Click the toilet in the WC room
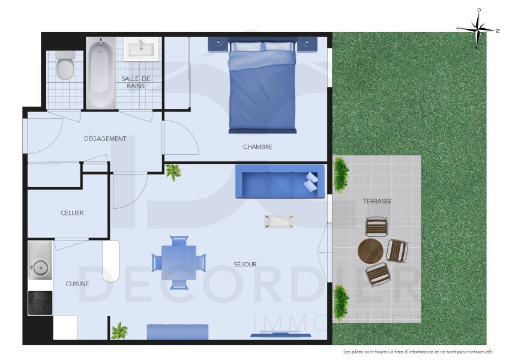pos(65,67)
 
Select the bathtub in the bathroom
pos(100,73)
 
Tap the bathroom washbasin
pos(141,48)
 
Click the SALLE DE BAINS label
pos(136,82)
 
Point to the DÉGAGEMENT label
pos(105,139)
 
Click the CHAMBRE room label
pos(258,147)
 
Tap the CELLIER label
pos(72,213)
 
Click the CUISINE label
pos(77,284)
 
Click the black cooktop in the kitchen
pos(40,302)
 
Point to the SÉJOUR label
pos(245,265)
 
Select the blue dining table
pos(178,263)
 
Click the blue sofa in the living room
pos(279,181)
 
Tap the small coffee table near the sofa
pos(279,221)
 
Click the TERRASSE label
pos(377,202)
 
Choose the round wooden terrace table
pos(370,251)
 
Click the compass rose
pos(478,28)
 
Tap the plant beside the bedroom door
pos(173,172)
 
